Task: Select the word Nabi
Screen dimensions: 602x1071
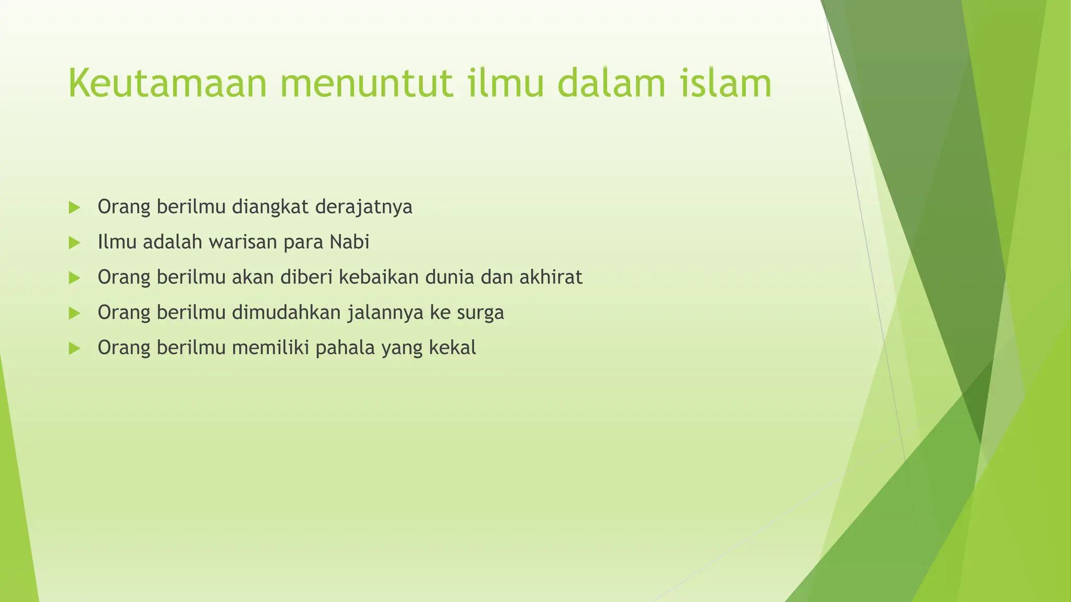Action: click(350, 242)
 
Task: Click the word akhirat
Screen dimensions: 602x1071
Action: click(551, 277)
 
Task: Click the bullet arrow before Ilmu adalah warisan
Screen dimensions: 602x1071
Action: click(74, 242)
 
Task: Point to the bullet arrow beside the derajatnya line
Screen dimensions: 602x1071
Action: click(74, 207)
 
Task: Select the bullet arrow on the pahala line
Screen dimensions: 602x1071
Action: click(74, 348)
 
